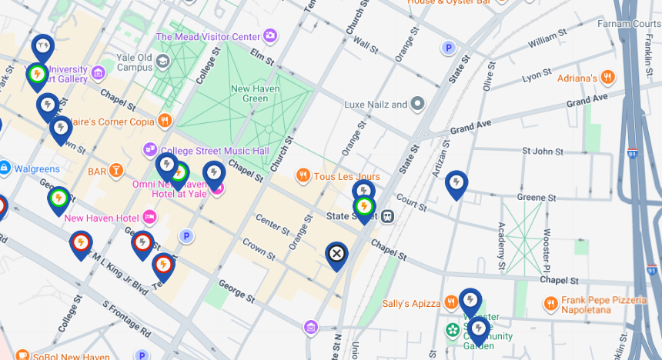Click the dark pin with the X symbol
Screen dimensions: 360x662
tap(336, 254)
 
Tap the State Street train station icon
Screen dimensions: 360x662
tap(388, 216)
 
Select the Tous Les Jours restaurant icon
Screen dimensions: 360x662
tap(303, 176)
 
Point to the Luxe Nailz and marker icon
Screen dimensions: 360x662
tap(417, 104)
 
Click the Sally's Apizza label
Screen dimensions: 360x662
tap(411, 303)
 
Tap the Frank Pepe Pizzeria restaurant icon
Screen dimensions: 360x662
tap(550, 304)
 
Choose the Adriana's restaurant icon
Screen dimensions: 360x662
tap(607, 77)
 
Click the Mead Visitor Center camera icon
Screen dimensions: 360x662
tap(270, 36)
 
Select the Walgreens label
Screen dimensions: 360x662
tap(35, 168)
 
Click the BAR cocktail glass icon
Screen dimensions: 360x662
tap(116, 170)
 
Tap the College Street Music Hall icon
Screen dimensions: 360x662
tap(150, 149)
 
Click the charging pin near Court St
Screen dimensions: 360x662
tap(456, 183)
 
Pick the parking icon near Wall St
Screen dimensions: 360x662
tap(448, 48)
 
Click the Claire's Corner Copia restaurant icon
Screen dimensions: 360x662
tap(164, 122)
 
